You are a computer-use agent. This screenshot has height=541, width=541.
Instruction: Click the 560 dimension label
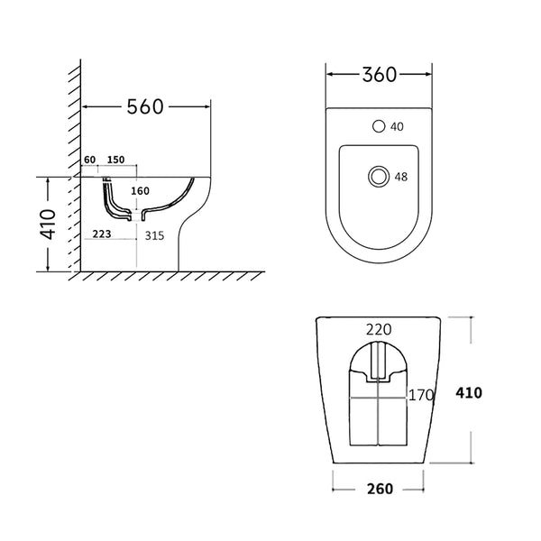tap(144, 107)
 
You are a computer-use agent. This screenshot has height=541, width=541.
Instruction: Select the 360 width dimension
tap(379, 75)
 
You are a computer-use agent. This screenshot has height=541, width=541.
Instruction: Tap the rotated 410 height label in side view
tap(49, 225)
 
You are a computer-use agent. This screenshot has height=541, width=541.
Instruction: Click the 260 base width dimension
tap(379, 489)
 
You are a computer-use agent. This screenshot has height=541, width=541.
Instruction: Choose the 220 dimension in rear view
tap(379, 331)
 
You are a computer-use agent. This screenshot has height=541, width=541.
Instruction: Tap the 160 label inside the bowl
tap(140, 190)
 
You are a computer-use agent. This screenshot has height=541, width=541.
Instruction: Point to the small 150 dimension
tap(115, 160)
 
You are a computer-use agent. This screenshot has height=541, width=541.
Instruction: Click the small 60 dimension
tap(89, 160)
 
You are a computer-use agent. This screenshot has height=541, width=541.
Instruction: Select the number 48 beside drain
tap(401, 177)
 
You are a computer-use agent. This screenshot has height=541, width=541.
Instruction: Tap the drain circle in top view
tap(379, 176)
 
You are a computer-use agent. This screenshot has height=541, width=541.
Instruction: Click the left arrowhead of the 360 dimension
tap(329, 75)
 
